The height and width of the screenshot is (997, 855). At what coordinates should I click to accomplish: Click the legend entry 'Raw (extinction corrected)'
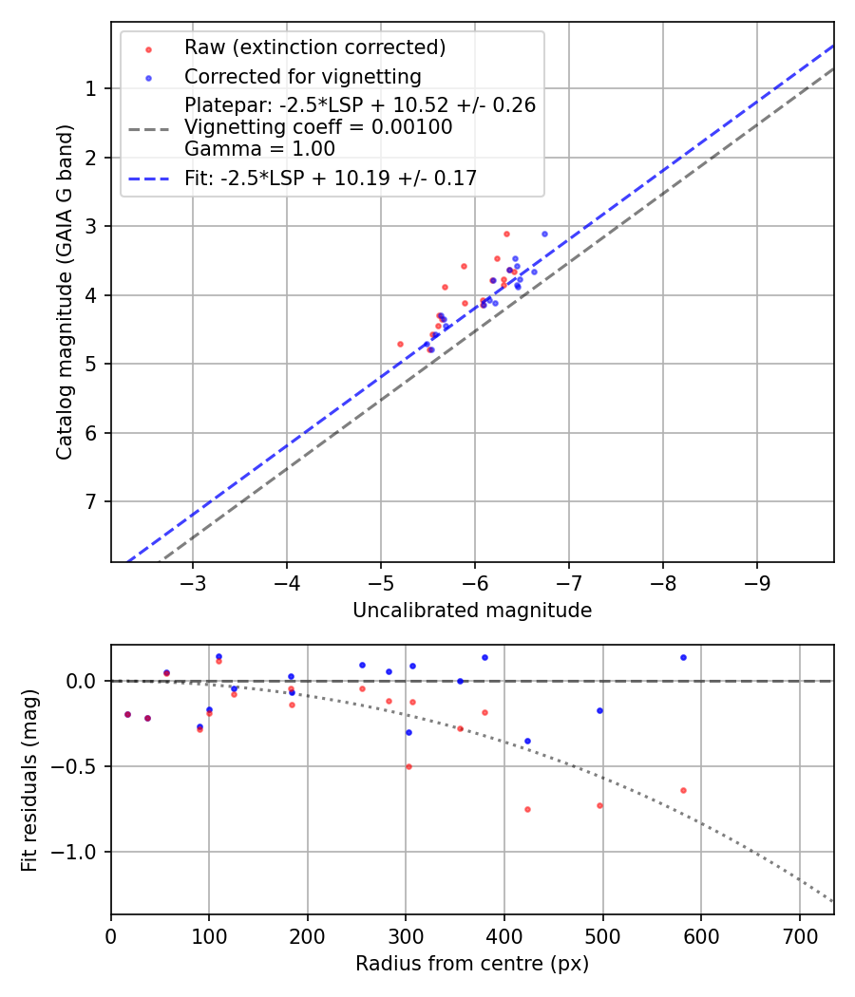click(314, 47)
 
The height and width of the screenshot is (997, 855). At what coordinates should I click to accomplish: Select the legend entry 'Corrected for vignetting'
click(302, 76)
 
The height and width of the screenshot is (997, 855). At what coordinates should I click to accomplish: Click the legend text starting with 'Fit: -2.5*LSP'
click(331, 178)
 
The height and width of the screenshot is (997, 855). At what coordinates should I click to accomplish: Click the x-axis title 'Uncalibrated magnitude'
click(472, 611)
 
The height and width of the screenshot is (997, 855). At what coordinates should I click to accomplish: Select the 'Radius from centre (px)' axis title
click(472, 964)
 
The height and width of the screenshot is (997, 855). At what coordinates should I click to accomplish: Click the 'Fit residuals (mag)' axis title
click(29, 780)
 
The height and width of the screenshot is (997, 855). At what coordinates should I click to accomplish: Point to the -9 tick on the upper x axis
click(756, 581)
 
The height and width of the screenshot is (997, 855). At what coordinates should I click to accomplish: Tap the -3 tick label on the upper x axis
click(193, 581)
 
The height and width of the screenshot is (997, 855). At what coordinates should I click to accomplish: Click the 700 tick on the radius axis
click(799, 934)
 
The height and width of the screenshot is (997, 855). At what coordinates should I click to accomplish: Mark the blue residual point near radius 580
click(683, 657)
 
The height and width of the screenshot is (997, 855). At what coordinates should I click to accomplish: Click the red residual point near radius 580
click(683, 790)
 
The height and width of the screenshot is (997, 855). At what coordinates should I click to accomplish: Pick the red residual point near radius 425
click(527, 809)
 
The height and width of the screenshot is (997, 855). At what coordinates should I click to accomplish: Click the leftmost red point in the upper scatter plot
click(400, 344)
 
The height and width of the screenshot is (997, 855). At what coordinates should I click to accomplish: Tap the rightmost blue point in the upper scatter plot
click(544, 234)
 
